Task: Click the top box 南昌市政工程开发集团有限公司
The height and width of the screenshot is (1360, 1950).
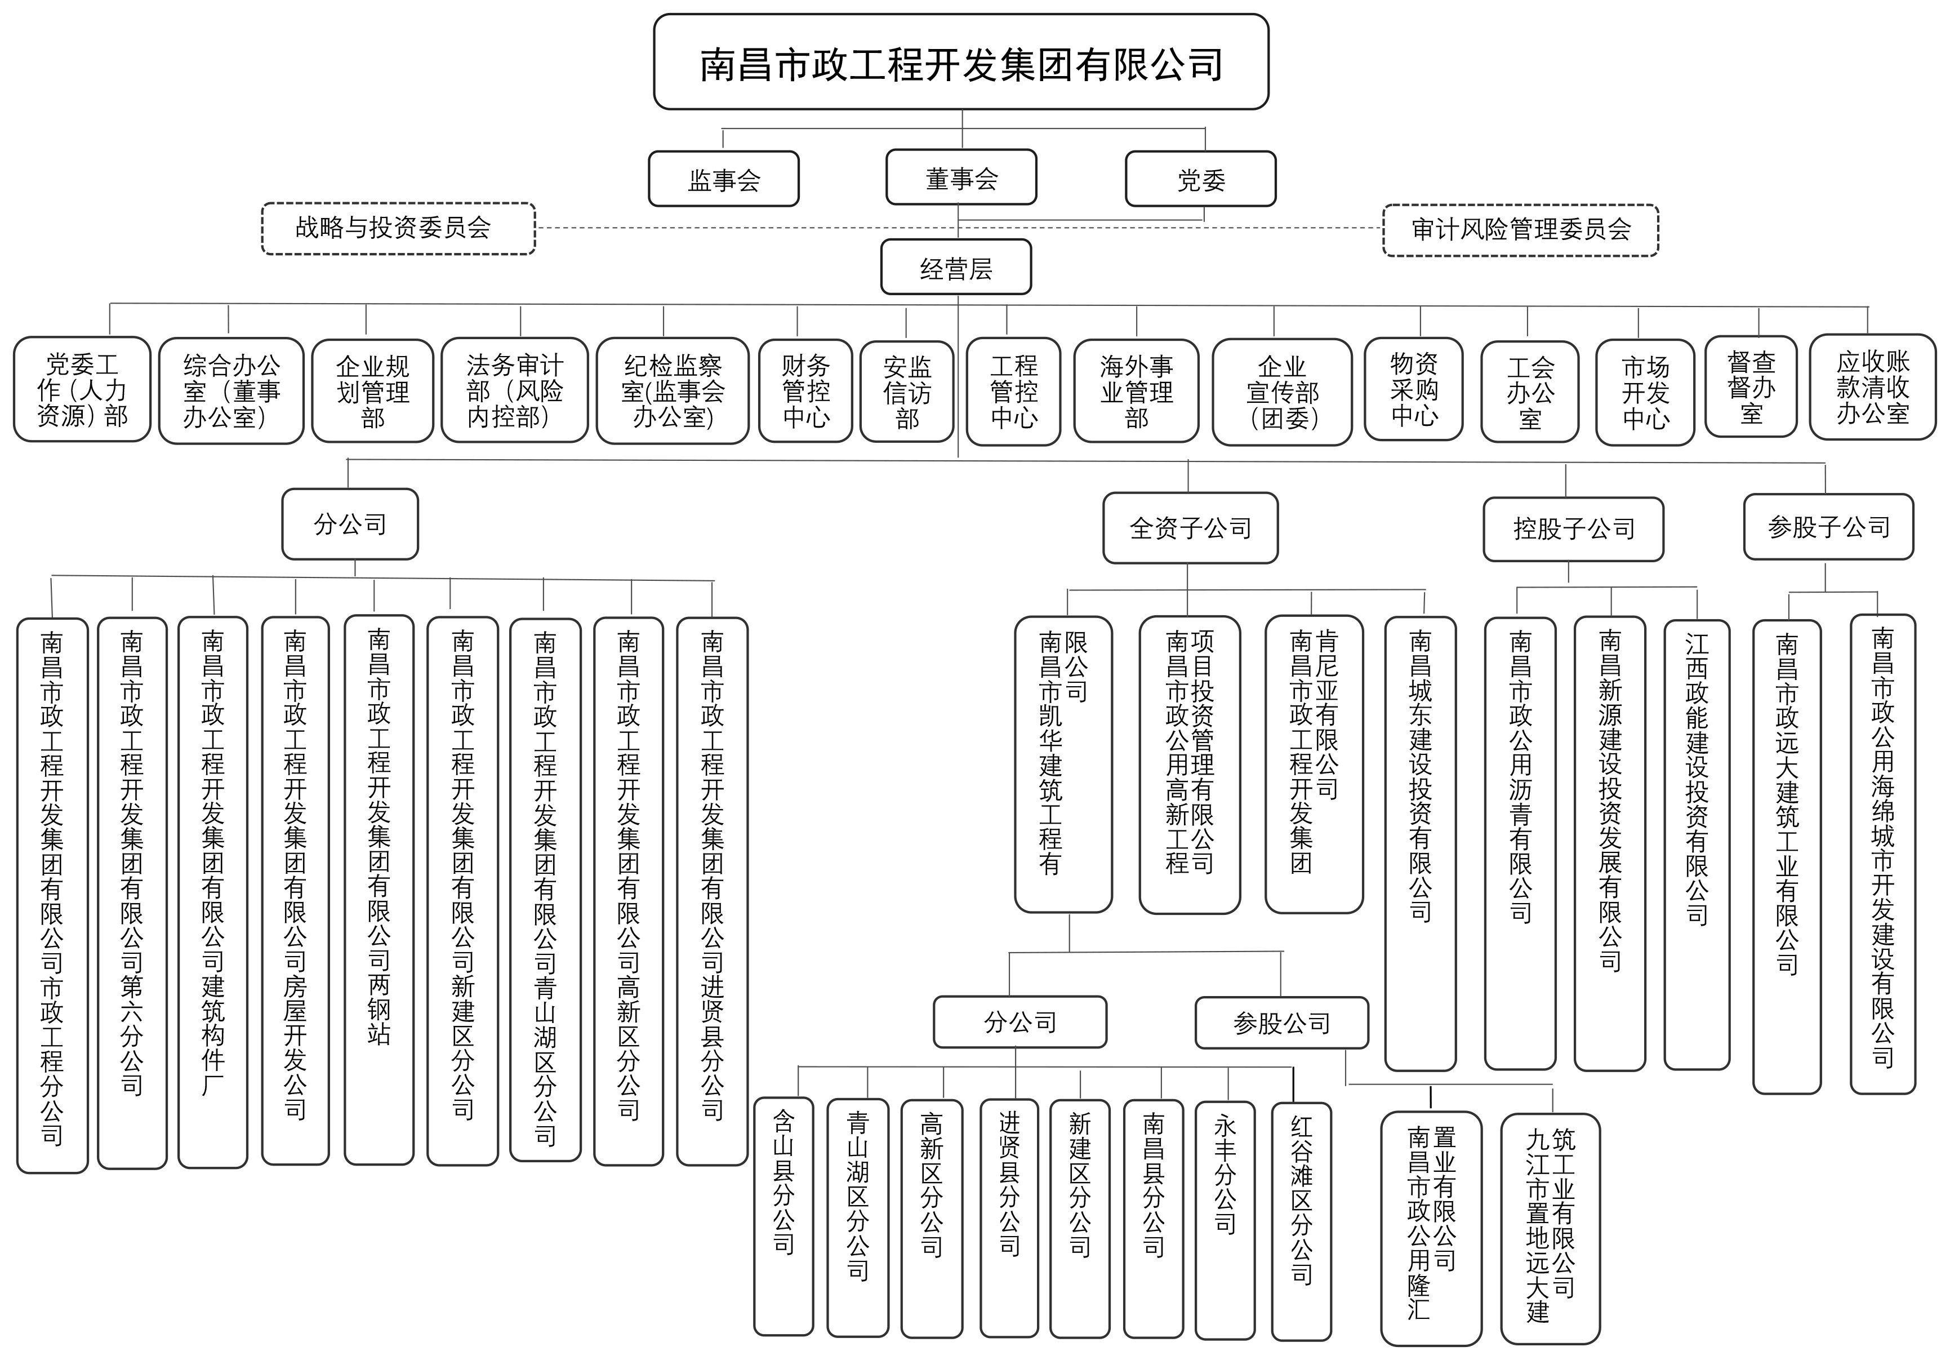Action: pos(960,62)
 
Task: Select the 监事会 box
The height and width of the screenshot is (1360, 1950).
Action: pos(724,179)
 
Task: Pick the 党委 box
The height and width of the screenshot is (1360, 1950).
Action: pos(1200,179)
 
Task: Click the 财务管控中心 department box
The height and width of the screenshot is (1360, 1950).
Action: pos(805,391)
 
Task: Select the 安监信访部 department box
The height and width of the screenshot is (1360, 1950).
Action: pos(906,392)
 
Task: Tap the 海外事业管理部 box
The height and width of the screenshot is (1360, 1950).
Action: pos(1136,392)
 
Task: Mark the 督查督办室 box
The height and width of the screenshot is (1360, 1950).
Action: pos(1751,388)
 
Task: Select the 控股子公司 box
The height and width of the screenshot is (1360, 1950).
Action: pos(1573,529)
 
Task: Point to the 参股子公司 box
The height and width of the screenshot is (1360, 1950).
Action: pos(1828,527)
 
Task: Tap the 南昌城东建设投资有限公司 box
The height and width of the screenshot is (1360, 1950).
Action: pos(1420,843)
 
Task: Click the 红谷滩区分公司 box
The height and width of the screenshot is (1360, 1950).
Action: pos(1301,1221)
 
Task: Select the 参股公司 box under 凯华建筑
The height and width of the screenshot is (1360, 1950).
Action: pos(1281,1023)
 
